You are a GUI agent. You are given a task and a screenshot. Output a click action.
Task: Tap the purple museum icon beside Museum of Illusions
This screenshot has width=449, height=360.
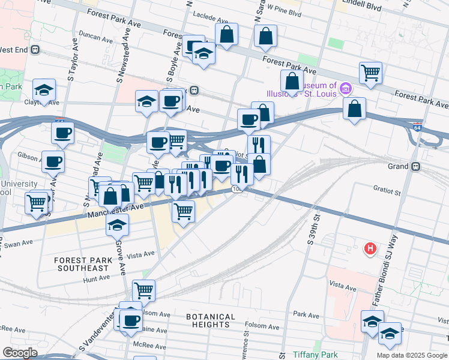pyautogui.click(x=345, y=90)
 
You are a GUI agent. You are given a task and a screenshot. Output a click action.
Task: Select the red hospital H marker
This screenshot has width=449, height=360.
pyautogui.click(x=371, y=247)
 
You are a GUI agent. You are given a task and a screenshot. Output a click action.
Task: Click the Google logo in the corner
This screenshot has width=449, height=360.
pyautogui.click(x=20, y=353)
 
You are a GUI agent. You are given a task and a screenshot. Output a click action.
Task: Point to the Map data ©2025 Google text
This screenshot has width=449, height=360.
pyautogui.click(x=411, y=355)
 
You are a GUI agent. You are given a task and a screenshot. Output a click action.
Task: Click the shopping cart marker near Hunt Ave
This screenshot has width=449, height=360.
pyautogui.click(x=143, y=290)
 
